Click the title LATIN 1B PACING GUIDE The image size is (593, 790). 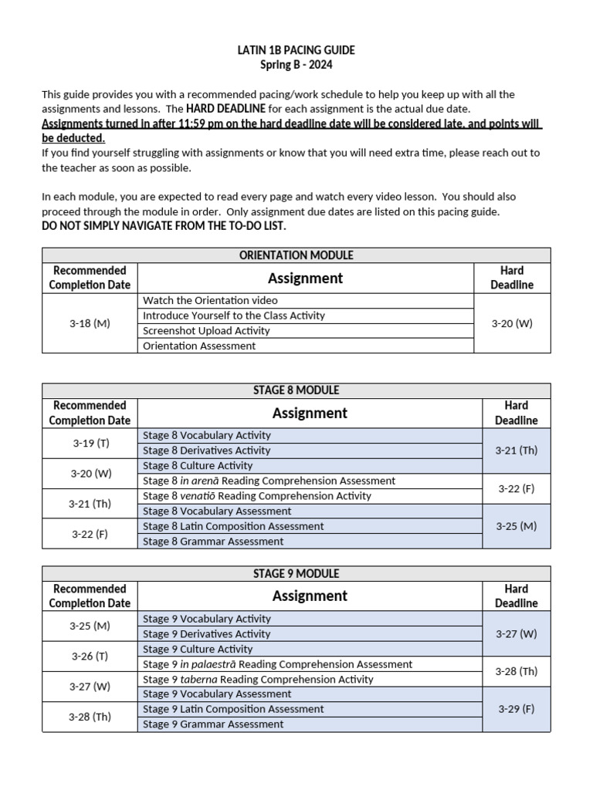coord(296,50)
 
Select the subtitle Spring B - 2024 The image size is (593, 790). coord(296,65)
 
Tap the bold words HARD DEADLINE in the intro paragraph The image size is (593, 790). coord(225,109)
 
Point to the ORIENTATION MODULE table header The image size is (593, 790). coord(296,255)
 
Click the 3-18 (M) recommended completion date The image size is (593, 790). coord(90,323)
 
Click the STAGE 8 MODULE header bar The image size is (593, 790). coord(296,390)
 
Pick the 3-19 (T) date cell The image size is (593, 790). coord(90,443)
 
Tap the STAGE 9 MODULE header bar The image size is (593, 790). coord(296,574)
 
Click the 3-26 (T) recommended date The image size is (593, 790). coord(90,656)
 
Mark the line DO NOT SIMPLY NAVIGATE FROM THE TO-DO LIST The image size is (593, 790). coord(164,226)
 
